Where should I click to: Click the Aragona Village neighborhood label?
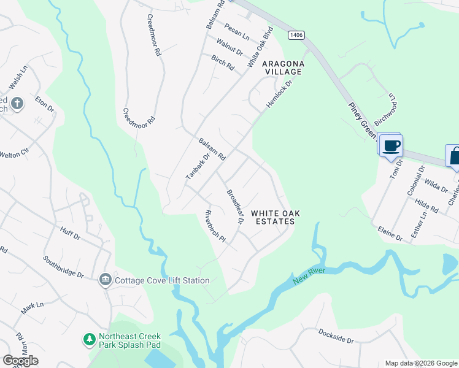coord(282,67)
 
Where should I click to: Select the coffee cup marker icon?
coord(391,145)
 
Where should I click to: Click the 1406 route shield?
coord(296,36)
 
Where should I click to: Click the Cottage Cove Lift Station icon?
coord(105,280)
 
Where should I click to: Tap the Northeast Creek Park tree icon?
coord(90,339)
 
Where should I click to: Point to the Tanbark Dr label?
coord(198,166)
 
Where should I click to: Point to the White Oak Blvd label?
coord(260,47)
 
